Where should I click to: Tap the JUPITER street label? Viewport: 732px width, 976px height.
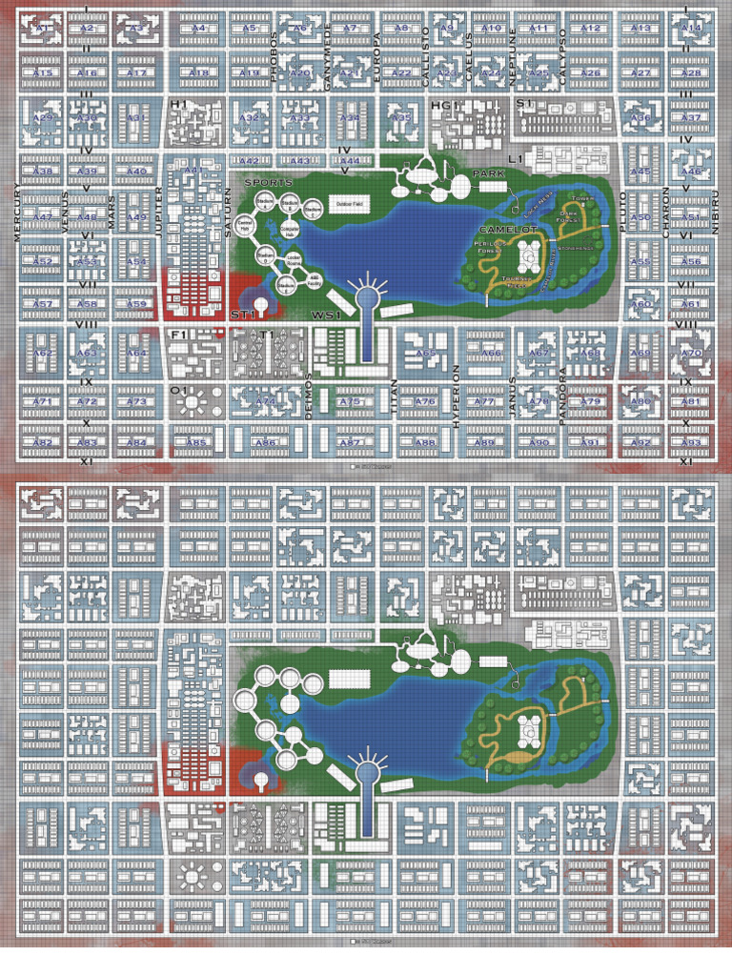pos(158,207)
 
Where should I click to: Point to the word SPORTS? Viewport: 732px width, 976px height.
pos(268,181)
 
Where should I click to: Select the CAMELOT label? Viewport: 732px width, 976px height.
pos(508,230)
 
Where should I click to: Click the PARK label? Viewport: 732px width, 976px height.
pos(488,174)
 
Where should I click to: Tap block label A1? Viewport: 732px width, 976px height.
pos(42,29)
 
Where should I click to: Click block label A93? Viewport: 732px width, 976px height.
pos(691,443)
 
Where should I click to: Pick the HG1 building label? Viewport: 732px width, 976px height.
pos(444,105)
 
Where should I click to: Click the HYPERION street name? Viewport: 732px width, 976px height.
pos(456,396)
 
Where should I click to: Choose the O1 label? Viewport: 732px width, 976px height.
pos(176,390)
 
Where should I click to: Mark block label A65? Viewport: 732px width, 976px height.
pos(426,354)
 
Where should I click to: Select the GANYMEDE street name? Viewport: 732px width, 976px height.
pos(328,56)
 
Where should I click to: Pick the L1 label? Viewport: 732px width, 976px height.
pos(514,157)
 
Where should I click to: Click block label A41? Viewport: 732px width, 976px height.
pos(193,171)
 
